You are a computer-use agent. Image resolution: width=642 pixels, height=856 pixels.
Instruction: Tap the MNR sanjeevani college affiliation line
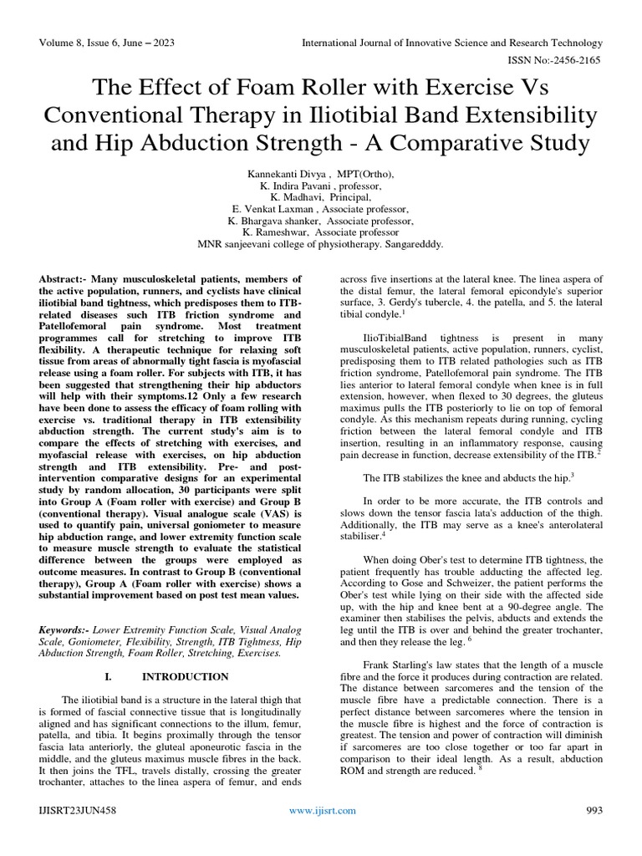[x=320, y=246]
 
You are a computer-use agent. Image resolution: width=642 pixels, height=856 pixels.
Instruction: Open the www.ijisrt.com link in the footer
[x=322, y=810]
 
